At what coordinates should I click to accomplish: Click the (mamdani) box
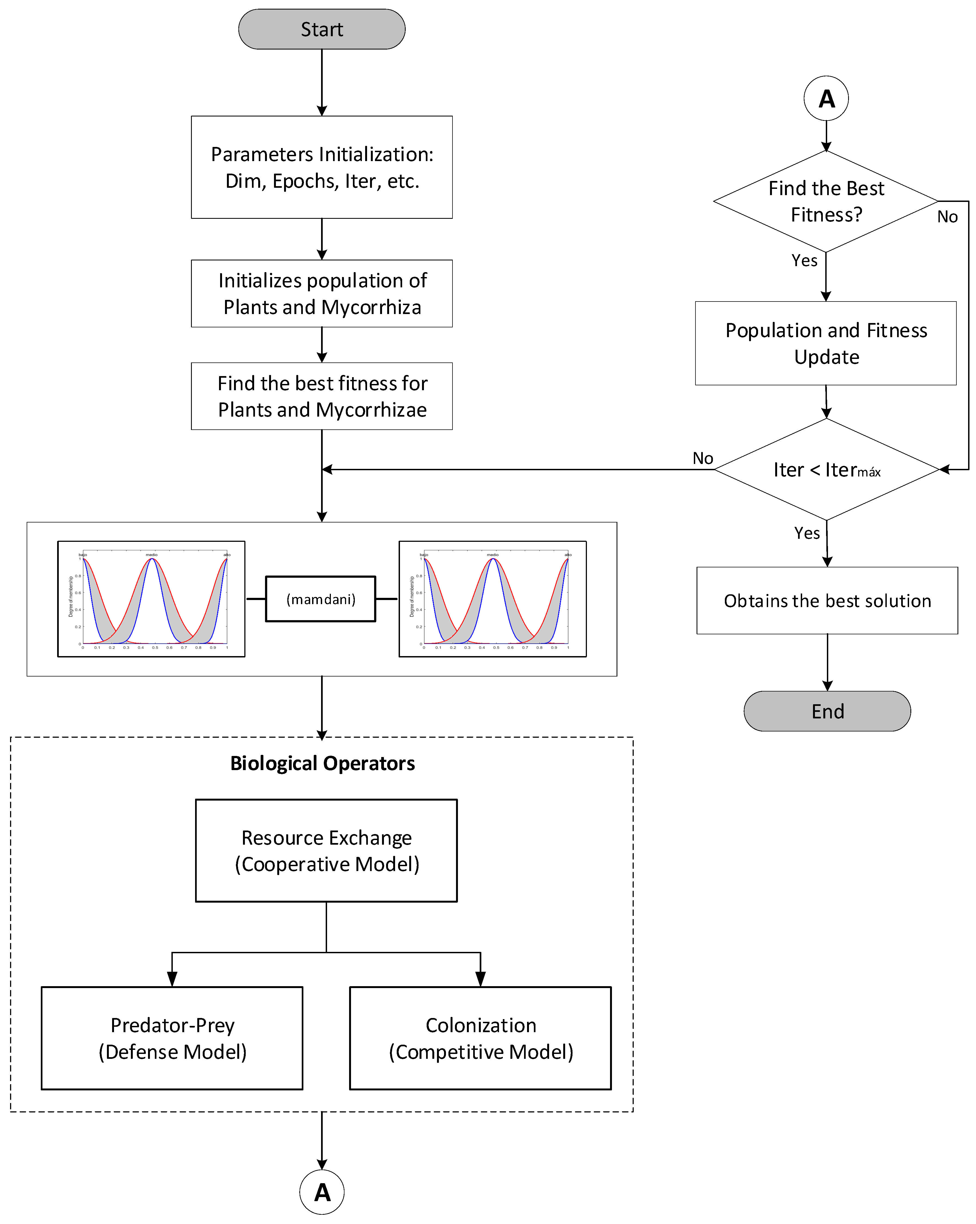(x=321, y=599)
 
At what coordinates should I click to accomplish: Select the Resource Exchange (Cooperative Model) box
(x=327, y=850)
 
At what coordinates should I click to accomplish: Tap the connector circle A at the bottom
(x=322, y=1192)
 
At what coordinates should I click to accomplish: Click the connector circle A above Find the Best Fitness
(x=826, y=98)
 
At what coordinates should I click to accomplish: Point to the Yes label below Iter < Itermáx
(x=807, y=533)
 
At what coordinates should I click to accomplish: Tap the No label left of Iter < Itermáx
(x=702, y=458)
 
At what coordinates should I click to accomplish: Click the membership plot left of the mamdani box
(x=151, y=599)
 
